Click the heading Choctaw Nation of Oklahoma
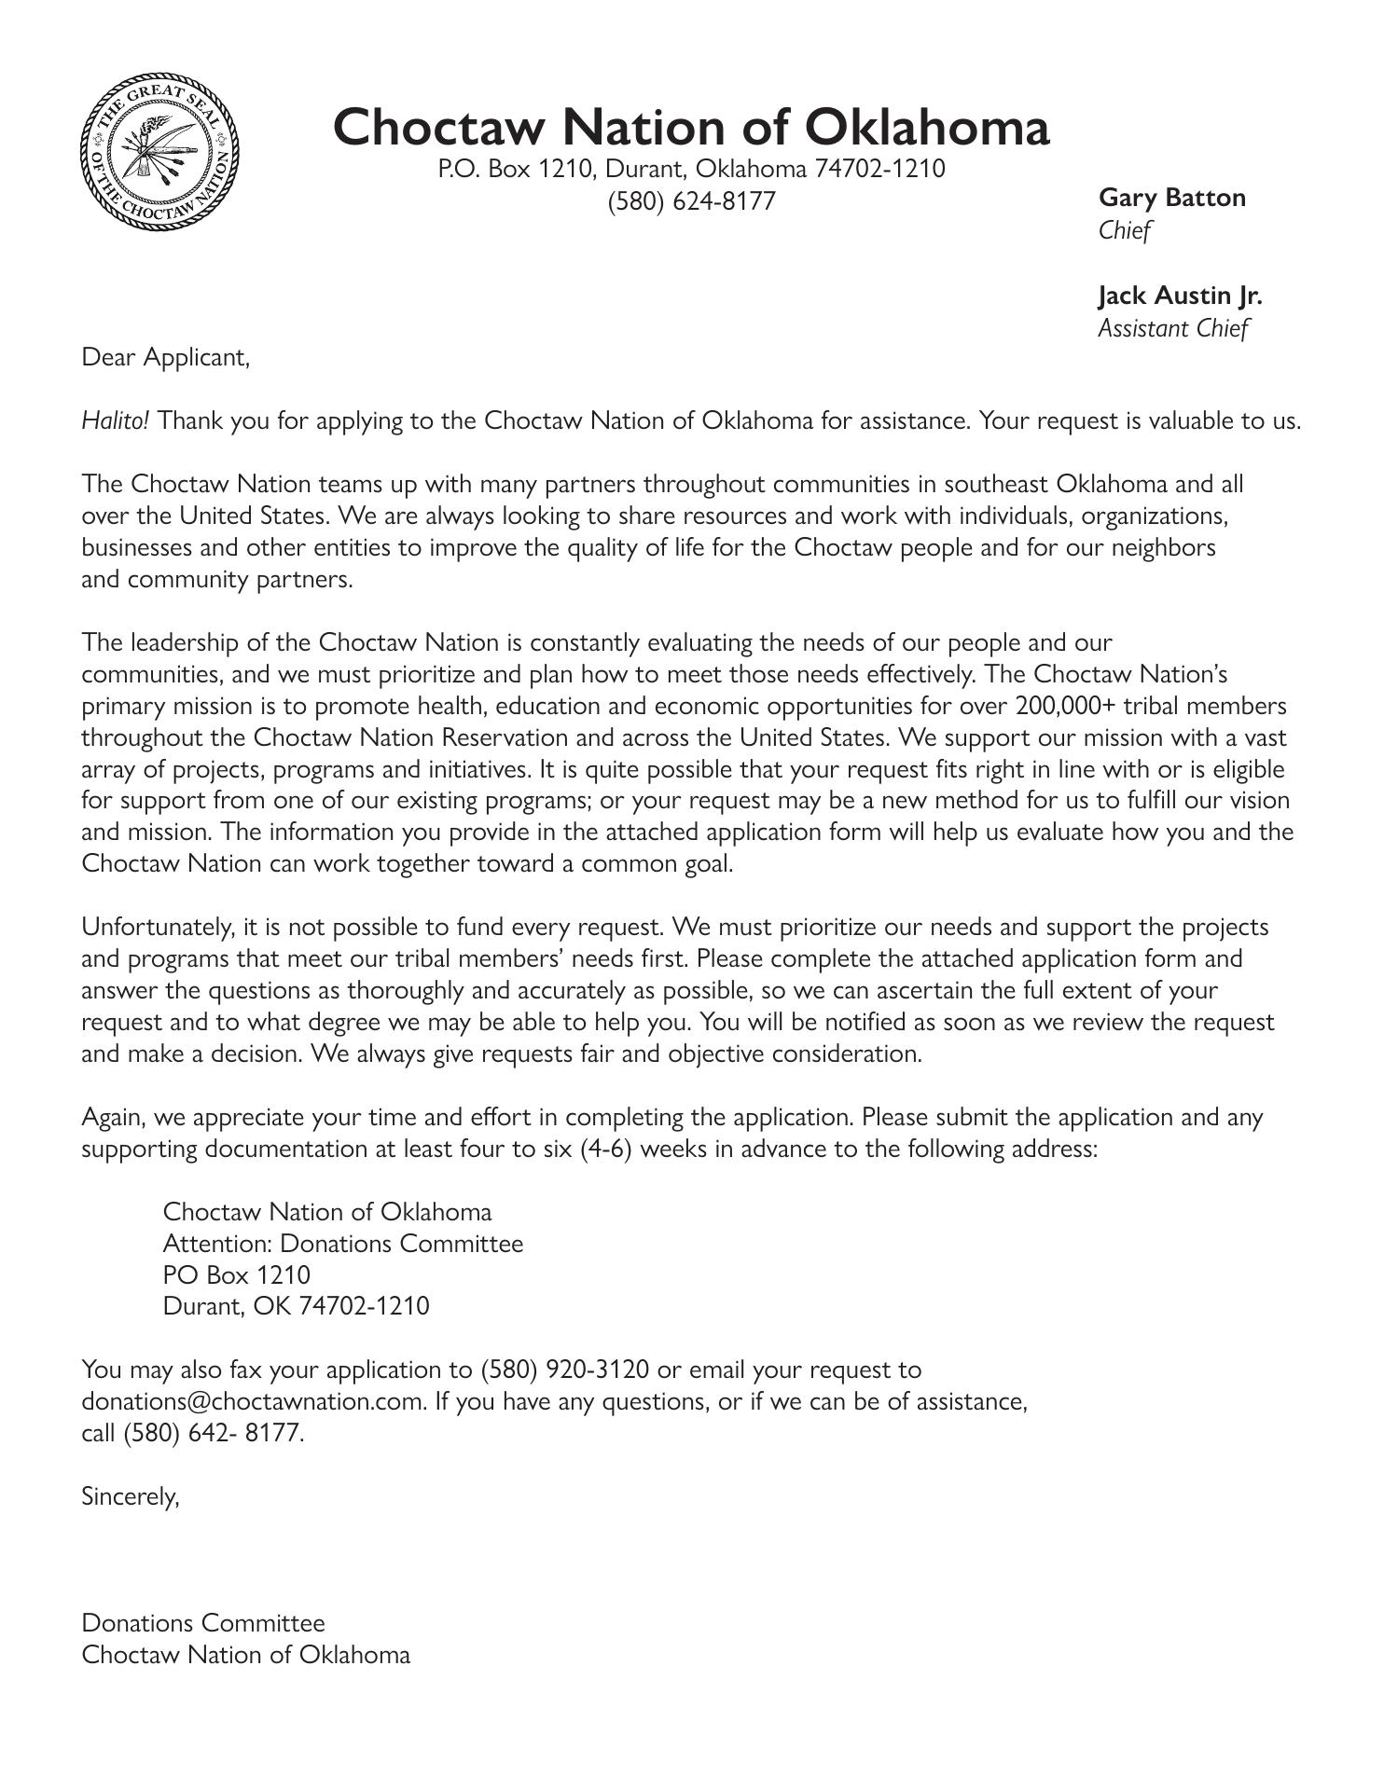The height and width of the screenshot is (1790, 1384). coord(691,127)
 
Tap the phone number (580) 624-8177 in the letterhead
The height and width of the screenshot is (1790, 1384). coord(691,201)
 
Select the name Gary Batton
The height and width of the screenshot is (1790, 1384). coord(1171,198)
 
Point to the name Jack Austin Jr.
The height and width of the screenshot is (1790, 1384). coord(1180,296)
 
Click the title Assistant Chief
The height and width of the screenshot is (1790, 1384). coord(1172,328)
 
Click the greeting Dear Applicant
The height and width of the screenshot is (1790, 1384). coord(166,357)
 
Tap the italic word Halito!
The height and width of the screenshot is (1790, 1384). coord(115,420)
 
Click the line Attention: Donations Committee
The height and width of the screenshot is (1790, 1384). coord(342,1244)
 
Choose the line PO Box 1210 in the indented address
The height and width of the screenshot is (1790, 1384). coord(236,1275)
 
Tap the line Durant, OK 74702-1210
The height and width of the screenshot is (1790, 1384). coord(296,1306)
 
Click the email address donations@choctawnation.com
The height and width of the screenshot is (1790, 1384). coord(252,1402)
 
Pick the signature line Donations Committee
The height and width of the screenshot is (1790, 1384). coord(203,1623)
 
